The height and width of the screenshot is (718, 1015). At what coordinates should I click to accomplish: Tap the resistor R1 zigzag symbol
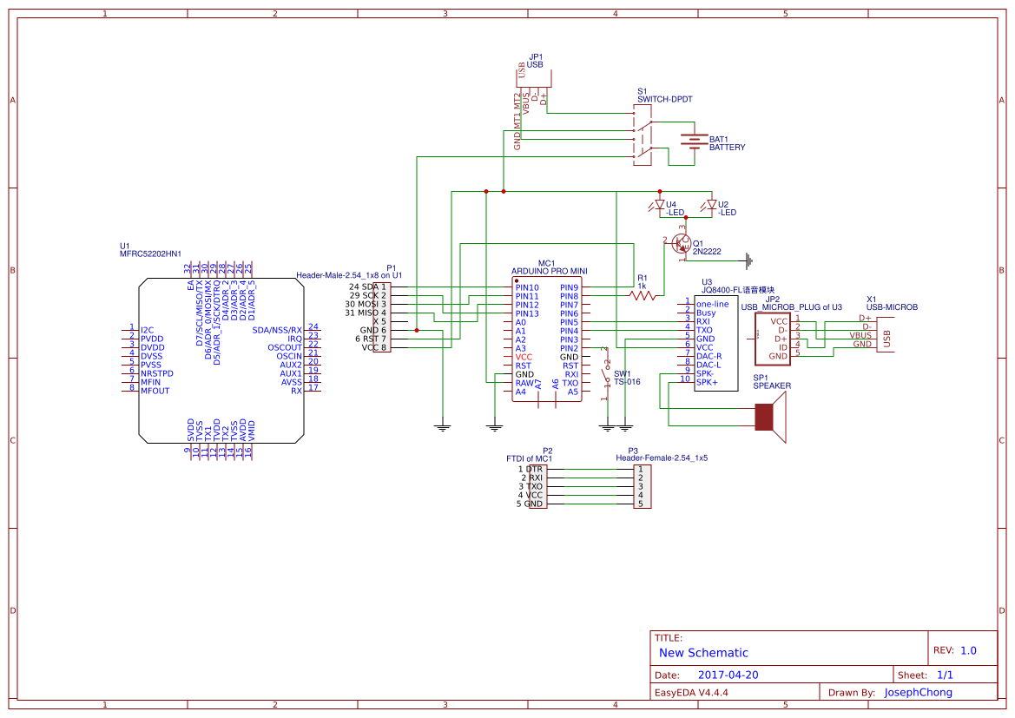(x=643, y=296)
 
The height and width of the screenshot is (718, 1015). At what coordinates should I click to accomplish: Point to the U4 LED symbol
(x=658, y=207)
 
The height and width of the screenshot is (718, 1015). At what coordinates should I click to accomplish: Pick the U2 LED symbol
(x=712, y=207)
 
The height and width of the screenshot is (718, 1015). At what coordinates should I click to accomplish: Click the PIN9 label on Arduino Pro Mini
(x=570, y=287)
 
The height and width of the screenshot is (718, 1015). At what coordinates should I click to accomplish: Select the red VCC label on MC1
(x=524, y=357)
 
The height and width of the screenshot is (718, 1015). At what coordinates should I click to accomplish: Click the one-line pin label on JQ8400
(x=713, y=304)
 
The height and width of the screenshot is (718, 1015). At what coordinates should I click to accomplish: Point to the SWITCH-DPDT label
(x=665, y=100)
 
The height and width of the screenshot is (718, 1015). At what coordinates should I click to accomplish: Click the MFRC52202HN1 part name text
(x=151, y=254)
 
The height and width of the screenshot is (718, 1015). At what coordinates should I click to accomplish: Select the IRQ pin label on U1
(x=295, y=339)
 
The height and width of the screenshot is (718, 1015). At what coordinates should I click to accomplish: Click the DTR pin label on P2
(x=534, y=469)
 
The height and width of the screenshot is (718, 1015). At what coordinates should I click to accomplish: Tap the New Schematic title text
(x=703, y=653)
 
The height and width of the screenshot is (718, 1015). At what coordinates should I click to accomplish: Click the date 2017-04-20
(x=728, y=675)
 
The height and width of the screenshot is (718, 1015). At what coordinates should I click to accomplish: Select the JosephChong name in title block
(x=918, y=692)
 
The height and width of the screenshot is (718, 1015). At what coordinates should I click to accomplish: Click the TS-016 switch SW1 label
(x=627, y=381)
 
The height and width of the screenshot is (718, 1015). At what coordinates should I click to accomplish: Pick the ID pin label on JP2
(x=782, y=347)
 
